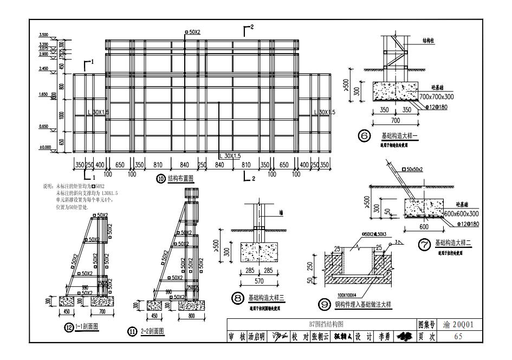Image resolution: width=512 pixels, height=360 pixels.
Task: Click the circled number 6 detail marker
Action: point(364,136)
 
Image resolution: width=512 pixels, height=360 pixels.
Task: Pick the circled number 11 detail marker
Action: point(132,332)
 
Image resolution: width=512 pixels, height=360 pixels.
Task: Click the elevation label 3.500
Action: point(44,35)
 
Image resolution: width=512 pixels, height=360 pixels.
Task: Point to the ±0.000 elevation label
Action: point(44,147)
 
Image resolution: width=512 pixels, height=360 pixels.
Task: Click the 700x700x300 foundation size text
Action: point(437,96)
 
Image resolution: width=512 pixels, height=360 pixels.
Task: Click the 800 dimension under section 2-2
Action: point(190,316)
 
